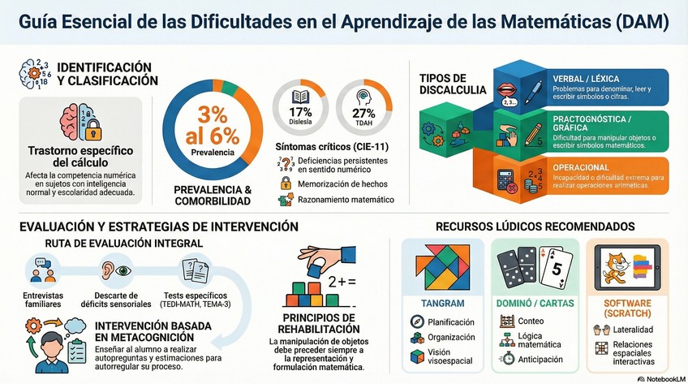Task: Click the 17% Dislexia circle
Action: pos(300,104)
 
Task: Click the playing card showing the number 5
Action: pos(556,269)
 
